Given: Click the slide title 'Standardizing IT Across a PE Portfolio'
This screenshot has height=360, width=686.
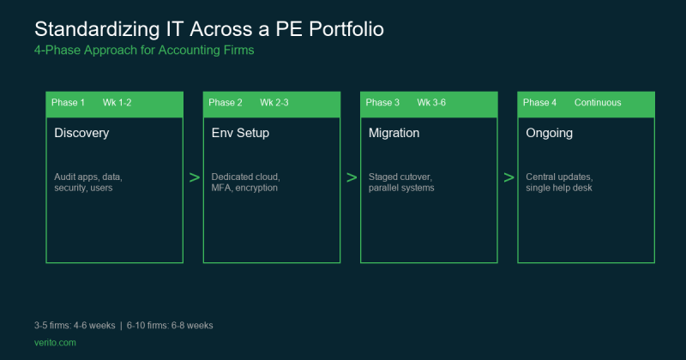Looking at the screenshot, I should [x=208, y=29].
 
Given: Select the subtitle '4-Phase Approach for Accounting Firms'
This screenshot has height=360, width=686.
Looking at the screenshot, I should [x=144, y=51].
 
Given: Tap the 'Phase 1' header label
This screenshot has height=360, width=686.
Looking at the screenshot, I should [x=68, y=103].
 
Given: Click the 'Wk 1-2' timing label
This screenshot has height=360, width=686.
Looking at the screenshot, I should [x=117, y=103].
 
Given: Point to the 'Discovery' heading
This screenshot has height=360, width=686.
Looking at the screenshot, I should [x=81, y=134].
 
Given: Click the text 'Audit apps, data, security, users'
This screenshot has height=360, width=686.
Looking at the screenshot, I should [x=88, y=182].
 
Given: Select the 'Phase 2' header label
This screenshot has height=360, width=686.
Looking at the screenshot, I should [x=226, y=103].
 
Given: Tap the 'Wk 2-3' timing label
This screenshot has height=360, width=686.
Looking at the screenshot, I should [x=274, y=103].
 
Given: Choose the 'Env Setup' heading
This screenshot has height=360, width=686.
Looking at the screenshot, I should [x=240, y=134].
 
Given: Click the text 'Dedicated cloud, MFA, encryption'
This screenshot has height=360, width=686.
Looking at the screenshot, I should [x=246, y=182].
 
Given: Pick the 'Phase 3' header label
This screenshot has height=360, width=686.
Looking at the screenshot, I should [x=382, y=103].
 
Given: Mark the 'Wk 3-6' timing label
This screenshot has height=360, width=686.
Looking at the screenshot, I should [x=431, y=103].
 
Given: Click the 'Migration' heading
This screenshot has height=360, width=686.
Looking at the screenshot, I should [x=394, y=134].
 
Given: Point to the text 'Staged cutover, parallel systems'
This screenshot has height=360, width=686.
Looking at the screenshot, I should [x=401, y=182].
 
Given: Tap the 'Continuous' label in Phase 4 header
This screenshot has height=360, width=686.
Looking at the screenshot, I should [x=598, y=103].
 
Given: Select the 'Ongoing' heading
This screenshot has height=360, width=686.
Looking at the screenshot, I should [x=549, y=134].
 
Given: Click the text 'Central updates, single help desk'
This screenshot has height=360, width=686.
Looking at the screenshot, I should [x=559, y=182].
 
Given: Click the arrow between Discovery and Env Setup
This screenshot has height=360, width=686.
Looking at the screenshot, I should [x=194, y=177].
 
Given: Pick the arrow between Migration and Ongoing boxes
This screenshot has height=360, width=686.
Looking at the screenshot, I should [x=508, y=177].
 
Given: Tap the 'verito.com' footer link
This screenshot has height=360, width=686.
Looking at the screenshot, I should [x=55, y=342].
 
